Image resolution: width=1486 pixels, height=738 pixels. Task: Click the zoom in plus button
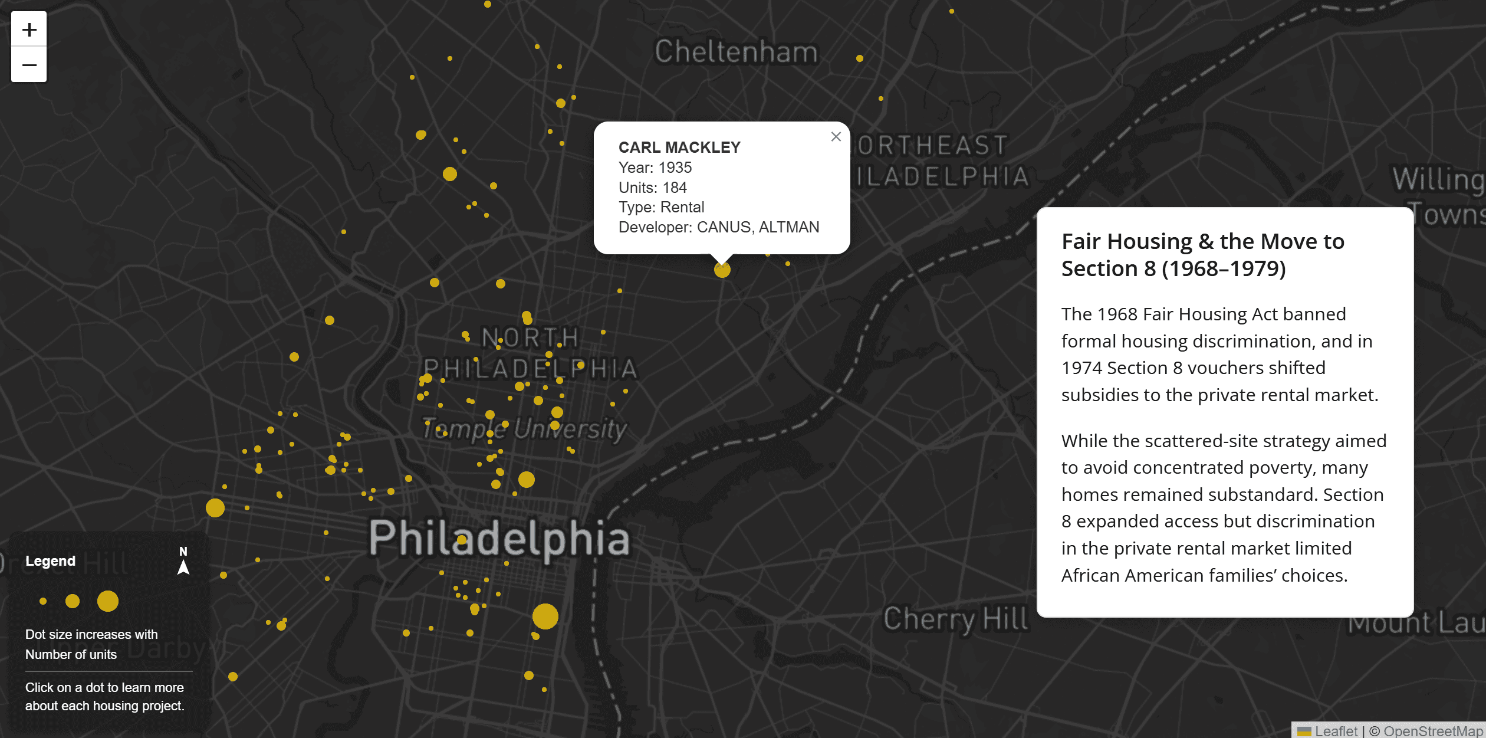[x=29, y=29]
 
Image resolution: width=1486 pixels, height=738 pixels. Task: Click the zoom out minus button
[x=29, y=64]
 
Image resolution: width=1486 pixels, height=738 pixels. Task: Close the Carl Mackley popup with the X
[x=836, y=137]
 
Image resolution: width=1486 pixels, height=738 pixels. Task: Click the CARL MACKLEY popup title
[x=679, y=147]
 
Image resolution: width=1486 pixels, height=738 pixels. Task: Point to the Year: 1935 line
[x=655, y=168]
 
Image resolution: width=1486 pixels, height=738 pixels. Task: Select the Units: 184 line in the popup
[x=653, y=188]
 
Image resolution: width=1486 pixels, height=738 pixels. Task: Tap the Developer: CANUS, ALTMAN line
[x=719, y=227]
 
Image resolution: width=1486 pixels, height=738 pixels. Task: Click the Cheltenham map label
[x=737, y=52]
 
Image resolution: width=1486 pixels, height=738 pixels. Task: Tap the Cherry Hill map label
[x=955, y=619]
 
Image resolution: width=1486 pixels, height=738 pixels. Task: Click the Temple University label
[x=524, y=429]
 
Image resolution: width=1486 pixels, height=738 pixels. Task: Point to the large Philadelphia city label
[x=499, y=537]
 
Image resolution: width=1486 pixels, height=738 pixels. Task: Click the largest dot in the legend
[x=108, y=601]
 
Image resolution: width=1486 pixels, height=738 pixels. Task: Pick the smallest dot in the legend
[x=43, y=601]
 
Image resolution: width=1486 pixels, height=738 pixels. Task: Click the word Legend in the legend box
[x=51, y=561]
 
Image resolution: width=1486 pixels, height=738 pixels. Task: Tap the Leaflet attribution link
[x=1335, y=731]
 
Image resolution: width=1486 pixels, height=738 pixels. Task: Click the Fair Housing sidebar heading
[x=1203, y=255]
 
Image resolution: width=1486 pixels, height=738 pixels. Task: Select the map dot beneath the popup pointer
[x=722, y=270]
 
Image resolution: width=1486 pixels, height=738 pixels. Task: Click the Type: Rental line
[x=661, y=207]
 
